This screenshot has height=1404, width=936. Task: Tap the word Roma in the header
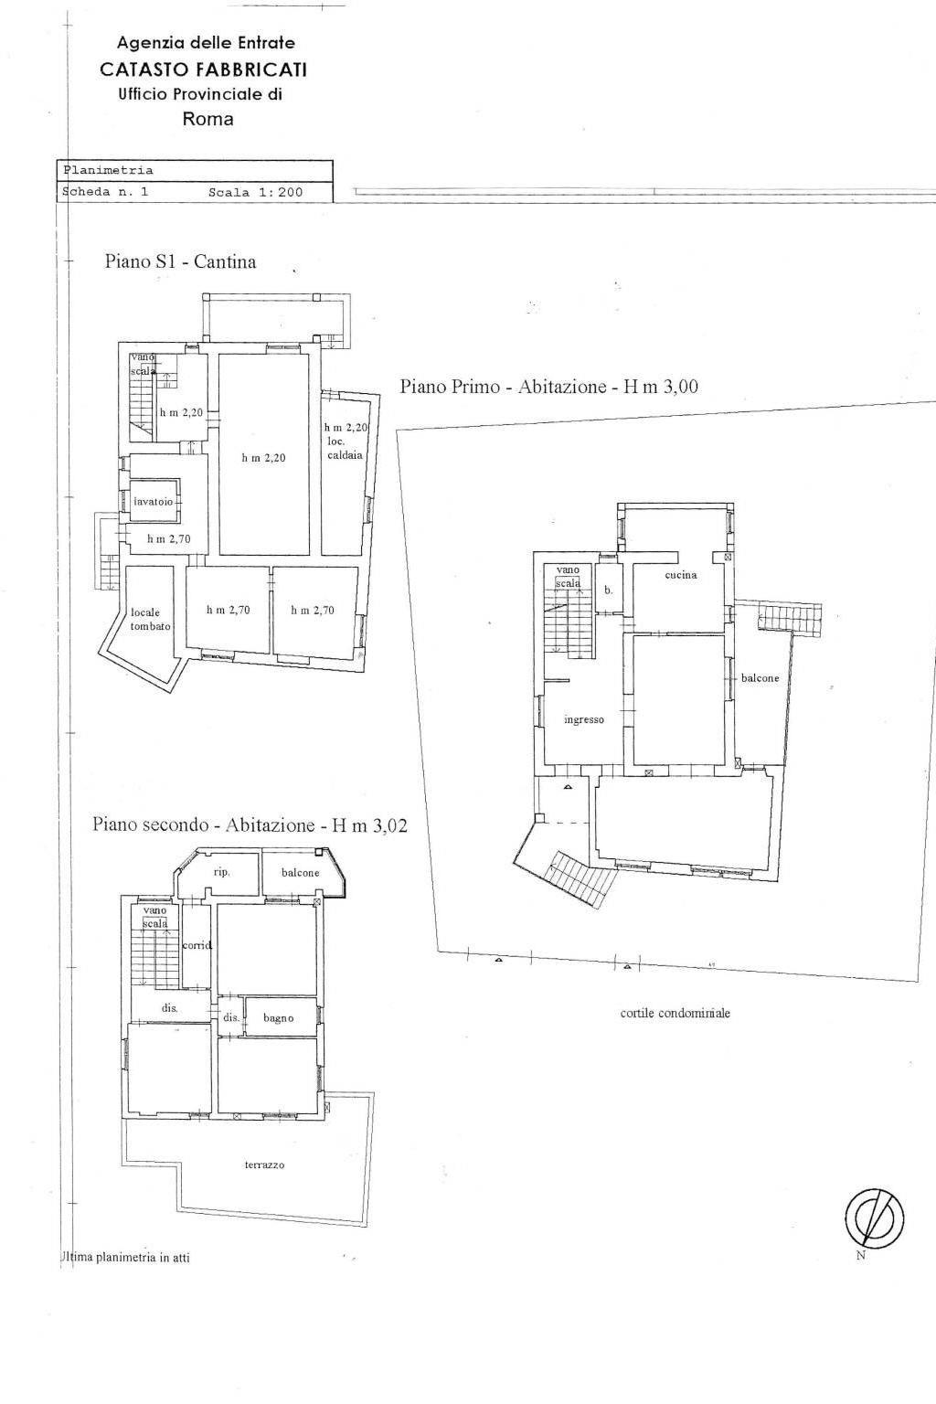[x=208, y=119]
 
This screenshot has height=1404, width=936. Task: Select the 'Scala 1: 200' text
[x=255, y=193]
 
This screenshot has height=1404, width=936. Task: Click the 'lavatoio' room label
[x=153, y=502]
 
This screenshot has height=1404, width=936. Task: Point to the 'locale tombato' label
[x=151, y=619]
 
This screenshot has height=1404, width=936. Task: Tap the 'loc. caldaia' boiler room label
[x=345, y=441]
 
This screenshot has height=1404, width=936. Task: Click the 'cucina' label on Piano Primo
[x=681, y=575]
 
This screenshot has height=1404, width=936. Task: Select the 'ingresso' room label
[x=584, y=719]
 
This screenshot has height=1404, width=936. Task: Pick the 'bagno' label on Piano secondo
[x=279, y=1018]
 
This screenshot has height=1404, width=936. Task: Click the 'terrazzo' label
[x=264, y=1165]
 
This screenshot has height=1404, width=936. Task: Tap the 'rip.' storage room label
[x=221, y=873]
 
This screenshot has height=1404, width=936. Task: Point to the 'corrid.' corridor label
[x=197, y=945]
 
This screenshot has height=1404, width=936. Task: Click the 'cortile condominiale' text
[x=675, y=1013]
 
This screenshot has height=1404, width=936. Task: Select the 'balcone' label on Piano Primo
[x=760, y=677]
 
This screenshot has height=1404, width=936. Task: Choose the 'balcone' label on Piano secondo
[x=301, y=873]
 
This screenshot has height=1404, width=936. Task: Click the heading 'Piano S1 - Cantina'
[x=181, y=261]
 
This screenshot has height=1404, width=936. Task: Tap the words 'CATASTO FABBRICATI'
[x=204, y=69]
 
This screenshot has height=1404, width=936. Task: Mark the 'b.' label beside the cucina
[x=608, y=590]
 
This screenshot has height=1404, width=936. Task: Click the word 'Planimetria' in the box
[x=107, y=170]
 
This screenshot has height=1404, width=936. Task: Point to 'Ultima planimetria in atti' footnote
[x=124, y=1257]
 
